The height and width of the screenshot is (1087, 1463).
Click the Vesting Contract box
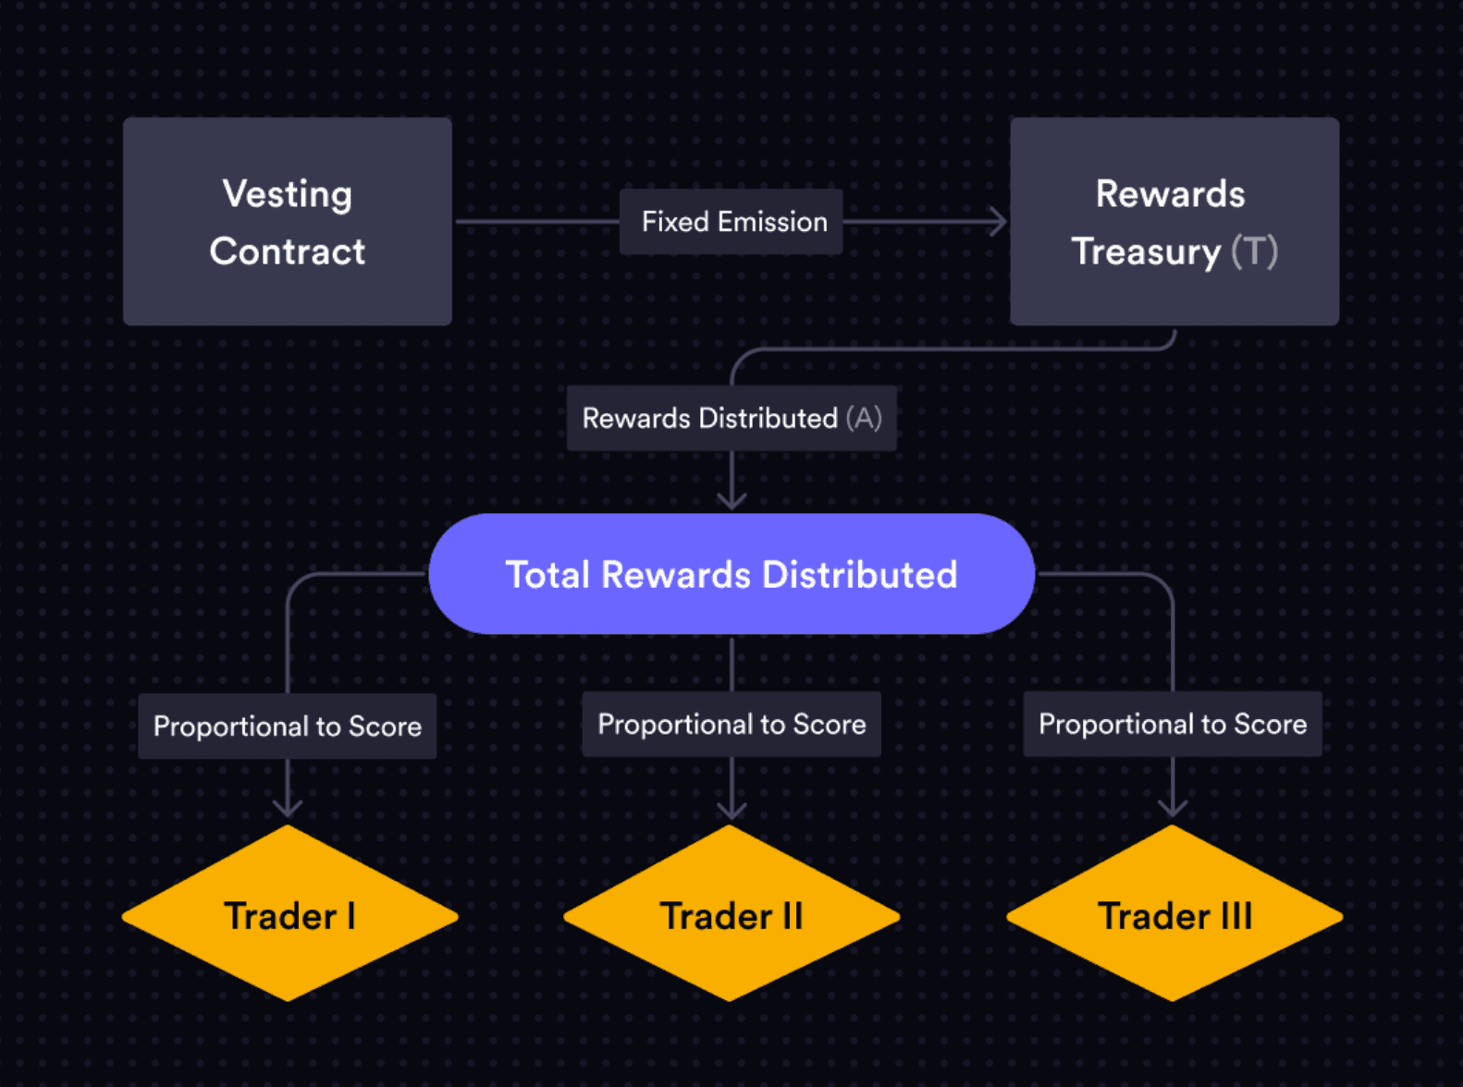[288, 222]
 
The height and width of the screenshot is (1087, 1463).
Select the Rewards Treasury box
[1174, 222]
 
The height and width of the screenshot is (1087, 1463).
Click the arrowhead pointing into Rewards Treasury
[999, 222]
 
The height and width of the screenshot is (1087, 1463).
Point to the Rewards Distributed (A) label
[731, 418]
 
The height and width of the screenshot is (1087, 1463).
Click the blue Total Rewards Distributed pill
[731, 574]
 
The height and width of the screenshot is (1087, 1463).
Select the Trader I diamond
[289, 914]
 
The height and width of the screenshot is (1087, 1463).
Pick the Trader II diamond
[731, 914]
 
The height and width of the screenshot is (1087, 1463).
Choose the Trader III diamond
[1174, 914]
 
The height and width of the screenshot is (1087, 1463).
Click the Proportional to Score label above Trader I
[288, 727]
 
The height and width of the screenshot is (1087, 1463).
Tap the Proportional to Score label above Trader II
[731, 725]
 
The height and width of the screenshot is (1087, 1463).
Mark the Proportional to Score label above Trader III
[1173, 724]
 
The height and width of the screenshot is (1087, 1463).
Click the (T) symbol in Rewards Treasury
[1255, 251]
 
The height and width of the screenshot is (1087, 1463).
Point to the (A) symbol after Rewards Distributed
[864, 418]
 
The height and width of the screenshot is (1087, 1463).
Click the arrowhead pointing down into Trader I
[288, 808]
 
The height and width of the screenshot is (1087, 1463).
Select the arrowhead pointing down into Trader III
[1173, 808]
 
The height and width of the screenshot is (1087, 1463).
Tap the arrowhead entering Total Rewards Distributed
[731, 501]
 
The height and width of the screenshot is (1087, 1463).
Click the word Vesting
[288, 194]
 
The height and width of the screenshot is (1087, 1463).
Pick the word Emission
[772, 222]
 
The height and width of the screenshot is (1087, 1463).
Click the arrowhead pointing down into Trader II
[731, 810]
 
